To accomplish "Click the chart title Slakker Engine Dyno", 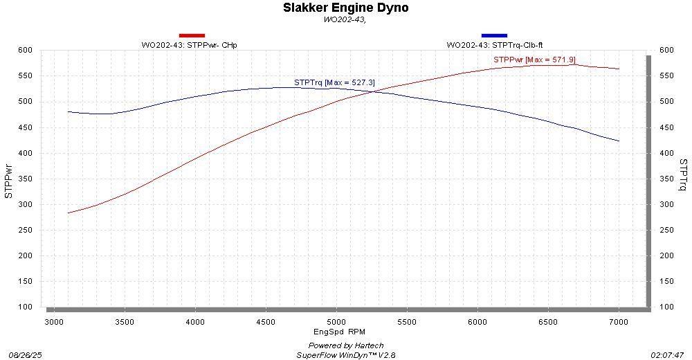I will pyautogui.click(x=345, y=8).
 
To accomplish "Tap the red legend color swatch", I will pyautogui.click(x=192, y=35).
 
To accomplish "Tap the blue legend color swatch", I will pyautogui.click(x=494, y=35).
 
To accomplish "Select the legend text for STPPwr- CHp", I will pyautogui.click(x=185, y=45).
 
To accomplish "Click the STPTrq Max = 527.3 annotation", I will pyautogui.click(x=334, y=82).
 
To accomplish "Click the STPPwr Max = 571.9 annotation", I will pyautogui.click(x=534, y=60).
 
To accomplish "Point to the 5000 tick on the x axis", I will pyautogui.click(x=336, y=321).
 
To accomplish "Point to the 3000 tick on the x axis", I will pyautogui.click(x=54, y=321).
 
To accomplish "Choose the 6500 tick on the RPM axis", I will pyautogui.click(x=548, y=321).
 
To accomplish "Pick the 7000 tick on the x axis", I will pyautogui.click(x=619, y=321).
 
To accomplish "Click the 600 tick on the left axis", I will pyautogui.click(x=26, y=51).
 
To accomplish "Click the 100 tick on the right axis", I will pyautogui.click(x=666, y=307).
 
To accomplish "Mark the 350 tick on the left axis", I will pyautogui.click(x=26, y=179).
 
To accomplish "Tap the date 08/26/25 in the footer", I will pyautogui.click(x=25, y=354).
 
